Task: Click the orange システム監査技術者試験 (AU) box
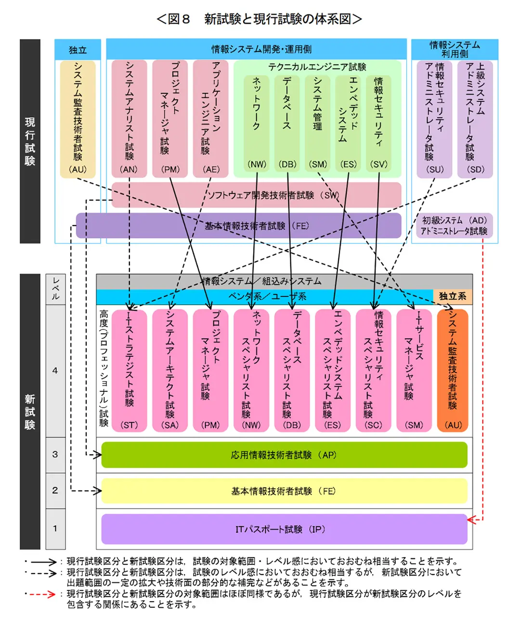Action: click(453, 370)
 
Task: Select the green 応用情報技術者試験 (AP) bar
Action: click(284, 455)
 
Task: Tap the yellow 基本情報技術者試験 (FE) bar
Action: click(284, 491)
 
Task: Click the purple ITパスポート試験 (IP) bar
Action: click(284, 529)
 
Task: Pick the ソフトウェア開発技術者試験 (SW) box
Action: click(256, 195)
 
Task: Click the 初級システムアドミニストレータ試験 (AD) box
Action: click(454, 226)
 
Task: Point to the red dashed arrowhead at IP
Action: click(472, 520)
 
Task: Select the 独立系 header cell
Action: click(453, 296)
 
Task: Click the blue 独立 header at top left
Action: click(78, 50)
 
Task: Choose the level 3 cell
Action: click(55, 455)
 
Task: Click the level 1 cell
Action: click(55, 529)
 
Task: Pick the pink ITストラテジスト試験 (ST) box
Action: click(129, 370)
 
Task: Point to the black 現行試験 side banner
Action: click(30, 141)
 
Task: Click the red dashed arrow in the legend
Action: click(43, 594)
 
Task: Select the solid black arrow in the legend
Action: click(43, 562)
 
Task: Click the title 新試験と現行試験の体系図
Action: click(260, 19)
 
